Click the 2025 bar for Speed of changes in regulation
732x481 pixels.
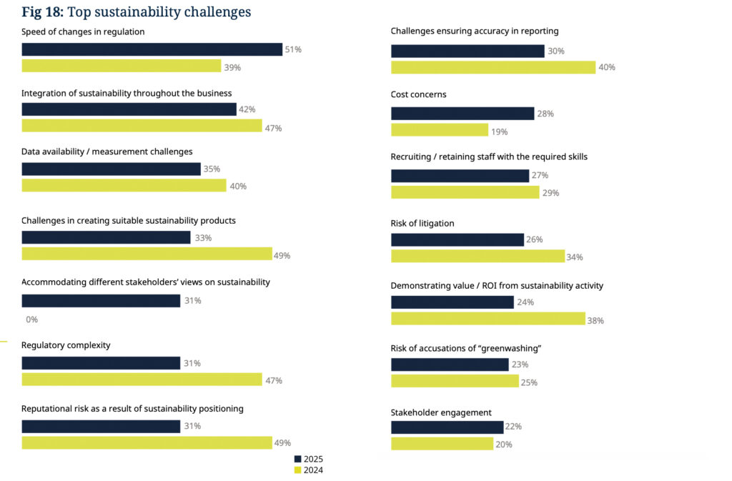click(152, 49)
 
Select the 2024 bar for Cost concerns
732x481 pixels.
click(439, 130)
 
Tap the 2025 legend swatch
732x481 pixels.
click(298, 459)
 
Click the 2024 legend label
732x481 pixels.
click(314, 470)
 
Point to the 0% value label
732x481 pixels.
click(31, 319)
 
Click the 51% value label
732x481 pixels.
click(293, 49)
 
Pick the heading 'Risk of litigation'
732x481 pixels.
click(422, 224)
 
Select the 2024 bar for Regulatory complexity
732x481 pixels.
click(142, 380)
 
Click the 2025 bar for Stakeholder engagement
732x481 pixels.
click(447, 427)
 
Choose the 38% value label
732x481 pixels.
click(595, 320)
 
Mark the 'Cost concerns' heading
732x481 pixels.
click(418, 94)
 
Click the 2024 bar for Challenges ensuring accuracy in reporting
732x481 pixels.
click(493, 67)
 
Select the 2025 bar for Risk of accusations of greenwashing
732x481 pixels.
click(450, 365)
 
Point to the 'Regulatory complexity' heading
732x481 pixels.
click(66, 345)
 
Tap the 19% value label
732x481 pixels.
click(499, 131)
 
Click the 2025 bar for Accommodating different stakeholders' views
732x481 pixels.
click(101, 301)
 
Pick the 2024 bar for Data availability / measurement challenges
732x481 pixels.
click(124, 186)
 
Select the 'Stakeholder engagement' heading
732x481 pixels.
click(440, 412)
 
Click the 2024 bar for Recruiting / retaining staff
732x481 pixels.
click(465, 192)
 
